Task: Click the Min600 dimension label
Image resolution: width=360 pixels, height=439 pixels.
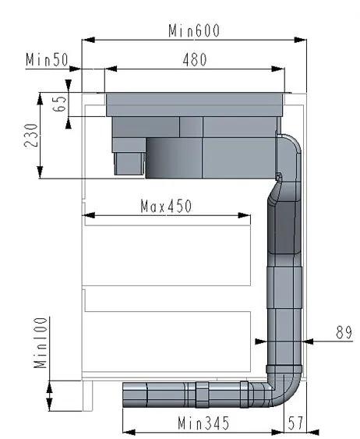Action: [x=194, y=30]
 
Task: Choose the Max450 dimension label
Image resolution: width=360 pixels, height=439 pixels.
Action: [x=166, y=206]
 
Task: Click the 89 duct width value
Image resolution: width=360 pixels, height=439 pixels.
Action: [x=344, y=332]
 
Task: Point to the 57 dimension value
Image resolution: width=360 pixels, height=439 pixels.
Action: [x=295, y=423]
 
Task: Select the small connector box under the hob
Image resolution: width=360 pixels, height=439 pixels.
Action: [x=129, y=162]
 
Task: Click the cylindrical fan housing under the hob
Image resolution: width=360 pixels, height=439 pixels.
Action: [x=173, y=158]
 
